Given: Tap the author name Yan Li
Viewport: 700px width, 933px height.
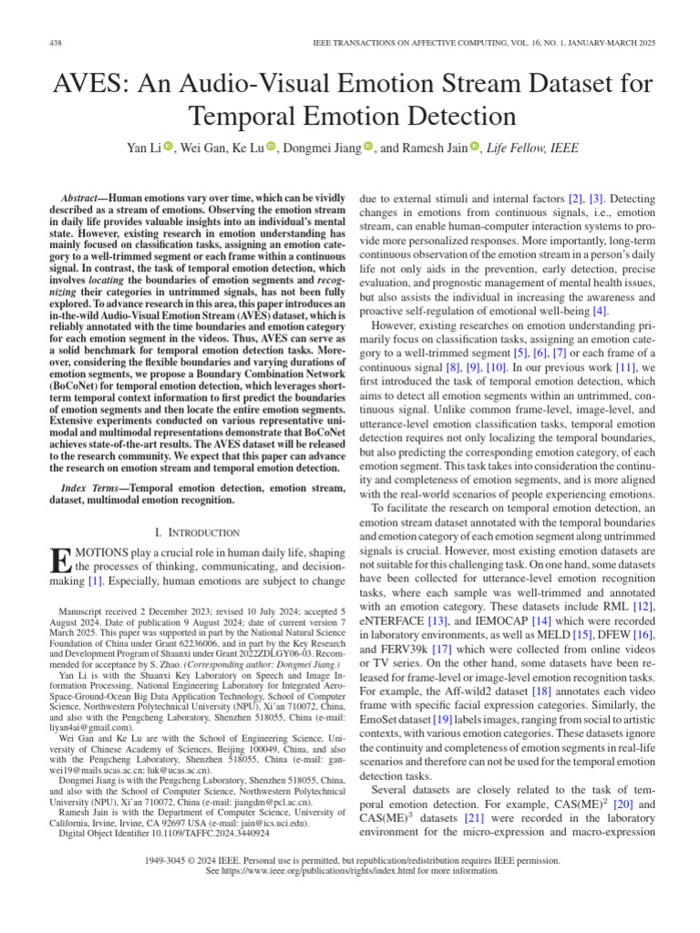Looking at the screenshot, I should point(143,149).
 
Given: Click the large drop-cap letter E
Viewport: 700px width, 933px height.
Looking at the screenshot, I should point(58,566).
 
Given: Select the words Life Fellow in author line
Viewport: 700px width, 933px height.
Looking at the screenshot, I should point(519,149).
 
